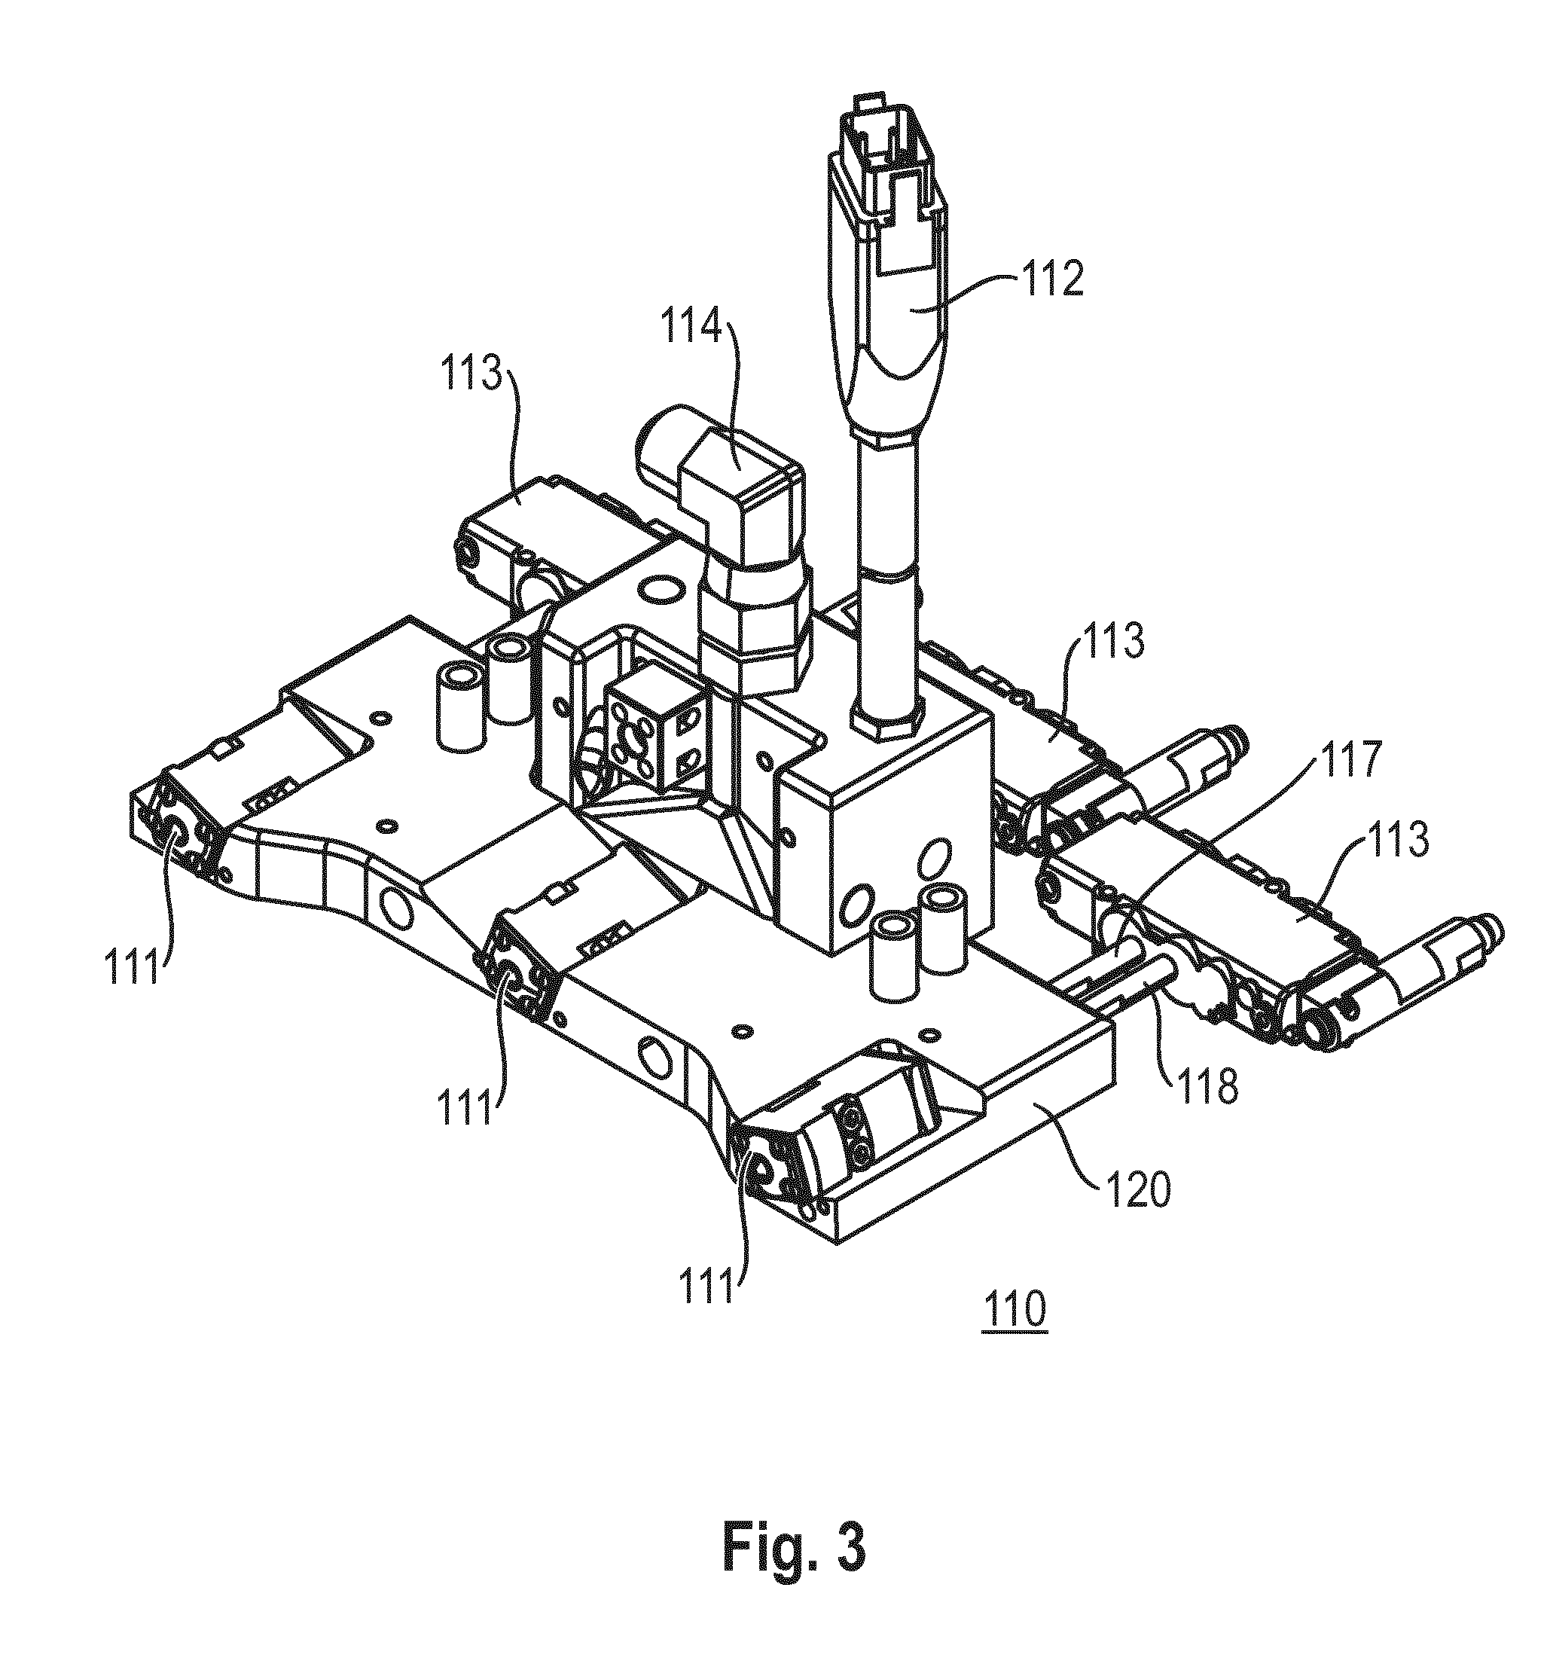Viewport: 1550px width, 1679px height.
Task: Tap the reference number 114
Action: point(691,328)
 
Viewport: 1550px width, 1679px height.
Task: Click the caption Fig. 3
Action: point(794,1551)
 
